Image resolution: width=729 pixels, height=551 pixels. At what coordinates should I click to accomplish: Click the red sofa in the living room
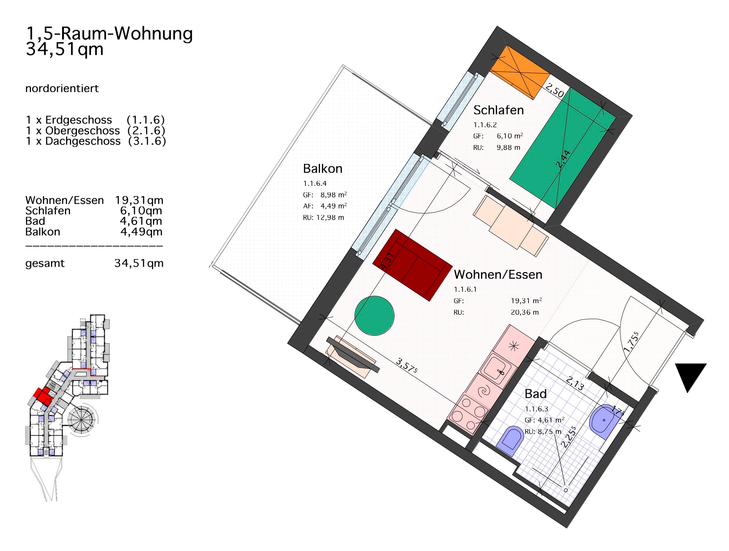[x=412, y=265]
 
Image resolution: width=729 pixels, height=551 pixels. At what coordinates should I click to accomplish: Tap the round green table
[x=374, y=316]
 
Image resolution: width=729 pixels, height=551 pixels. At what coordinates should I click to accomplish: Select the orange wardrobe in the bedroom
[x=520, y=72]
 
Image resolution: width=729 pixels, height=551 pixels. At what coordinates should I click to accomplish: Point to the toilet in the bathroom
[x=512, y=441]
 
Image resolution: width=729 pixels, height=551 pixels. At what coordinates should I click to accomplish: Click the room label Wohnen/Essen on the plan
[x=498, y=274]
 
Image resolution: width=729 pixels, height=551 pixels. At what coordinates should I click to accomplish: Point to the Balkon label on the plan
[x=323, y=169]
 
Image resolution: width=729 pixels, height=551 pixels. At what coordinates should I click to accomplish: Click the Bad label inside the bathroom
[x=536, y=394]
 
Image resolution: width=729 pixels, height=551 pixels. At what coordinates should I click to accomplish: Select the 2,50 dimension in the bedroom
[x=555, y=90]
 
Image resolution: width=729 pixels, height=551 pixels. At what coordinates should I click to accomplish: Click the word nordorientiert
[x=62, y=89]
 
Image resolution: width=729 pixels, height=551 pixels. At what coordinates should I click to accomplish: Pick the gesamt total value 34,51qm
[x=139, y=263]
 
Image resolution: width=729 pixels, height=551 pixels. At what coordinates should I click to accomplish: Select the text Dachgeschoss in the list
[x=83, y=141]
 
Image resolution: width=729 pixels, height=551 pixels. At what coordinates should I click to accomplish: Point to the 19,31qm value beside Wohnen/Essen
[x=139, y=200]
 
